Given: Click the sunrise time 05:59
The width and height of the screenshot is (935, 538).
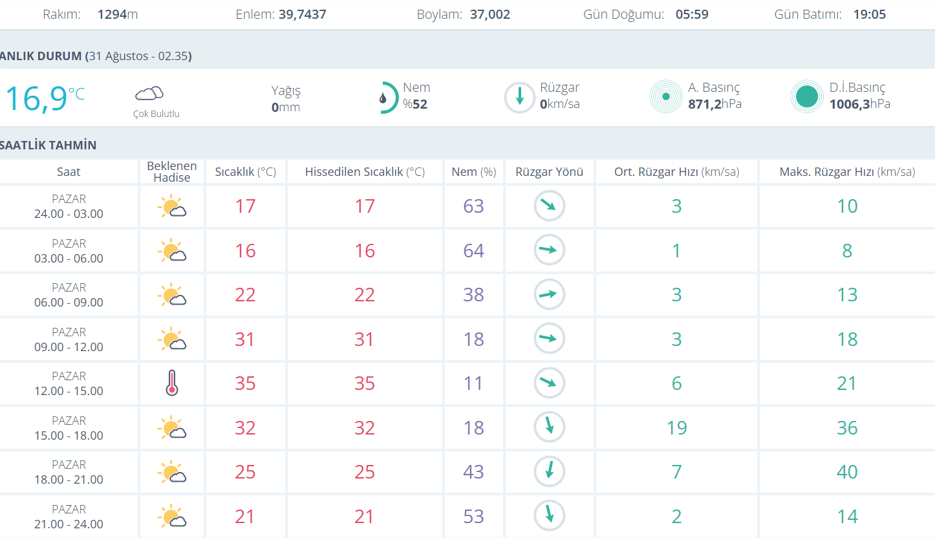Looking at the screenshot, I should click(x=692, y=14).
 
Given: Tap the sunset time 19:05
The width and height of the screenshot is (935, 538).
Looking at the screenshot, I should click(x=869, y=14).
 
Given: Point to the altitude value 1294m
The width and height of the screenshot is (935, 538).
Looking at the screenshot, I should click(x=117, y=14).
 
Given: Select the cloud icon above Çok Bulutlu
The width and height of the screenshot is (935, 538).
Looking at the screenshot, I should click(x=149, y=94).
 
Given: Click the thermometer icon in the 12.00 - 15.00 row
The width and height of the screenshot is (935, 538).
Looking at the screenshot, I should click(x=171, y=383).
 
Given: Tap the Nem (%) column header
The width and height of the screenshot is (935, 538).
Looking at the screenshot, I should click(x=473, y=172).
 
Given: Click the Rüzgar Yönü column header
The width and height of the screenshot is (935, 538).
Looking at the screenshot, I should click(x=549, y=172).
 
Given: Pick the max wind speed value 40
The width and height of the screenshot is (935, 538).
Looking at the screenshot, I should click(x=847, y=472).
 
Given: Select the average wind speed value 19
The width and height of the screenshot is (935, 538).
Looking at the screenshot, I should click(x=676, y=427).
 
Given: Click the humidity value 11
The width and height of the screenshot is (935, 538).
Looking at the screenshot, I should click(x=473, y=383).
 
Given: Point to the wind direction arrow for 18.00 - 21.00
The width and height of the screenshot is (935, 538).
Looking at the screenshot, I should click(x=549, y=471).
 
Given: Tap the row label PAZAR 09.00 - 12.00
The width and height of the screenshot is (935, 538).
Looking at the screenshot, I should click(x=69, y=339).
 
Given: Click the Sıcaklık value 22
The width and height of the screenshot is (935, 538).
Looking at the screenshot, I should click(x=245, y=295).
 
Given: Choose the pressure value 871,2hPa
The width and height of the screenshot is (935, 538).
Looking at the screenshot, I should click(x=715, y=104).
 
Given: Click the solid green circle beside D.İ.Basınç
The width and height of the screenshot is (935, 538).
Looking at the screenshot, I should click(x=806, y=97).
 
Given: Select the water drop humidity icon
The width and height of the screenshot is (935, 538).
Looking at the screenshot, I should click(x=383, y=98).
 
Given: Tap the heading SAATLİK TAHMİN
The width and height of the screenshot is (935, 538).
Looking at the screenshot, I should click(x=48, y=145).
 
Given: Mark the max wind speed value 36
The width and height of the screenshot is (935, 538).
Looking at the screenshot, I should click(x=847, y=427).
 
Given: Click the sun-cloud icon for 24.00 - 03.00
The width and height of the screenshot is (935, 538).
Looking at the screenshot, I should click(x=171, y=206).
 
